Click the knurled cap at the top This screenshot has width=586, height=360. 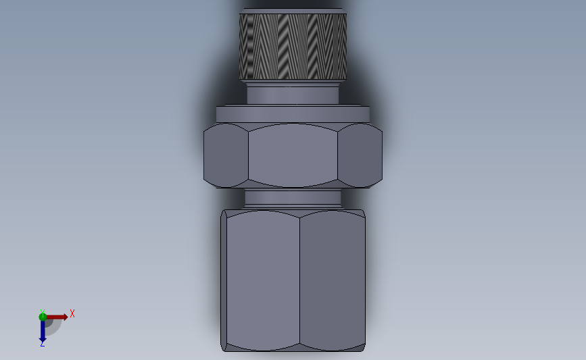[x=293, y=46]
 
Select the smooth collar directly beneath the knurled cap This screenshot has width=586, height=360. [x=293, y=94]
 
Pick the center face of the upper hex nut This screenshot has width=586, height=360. [x=293, y=155]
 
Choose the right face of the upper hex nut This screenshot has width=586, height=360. [x=360, y=155]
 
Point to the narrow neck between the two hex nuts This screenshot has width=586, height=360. [x=293, y=197]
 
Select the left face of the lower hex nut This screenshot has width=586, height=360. [x=263, y=280]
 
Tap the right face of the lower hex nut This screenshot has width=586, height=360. [x=332, y=280]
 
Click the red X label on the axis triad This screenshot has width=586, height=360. [x=72, y=313]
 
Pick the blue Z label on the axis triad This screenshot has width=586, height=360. [x=42, y=344]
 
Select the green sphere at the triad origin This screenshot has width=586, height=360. [x=43, y=317]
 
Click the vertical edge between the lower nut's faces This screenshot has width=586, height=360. [x=299, y=280]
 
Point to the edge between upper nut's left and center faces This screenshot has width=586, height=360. [x=248, y=155]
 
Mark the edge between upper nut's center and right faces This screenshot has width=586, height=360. [x=338, y=155]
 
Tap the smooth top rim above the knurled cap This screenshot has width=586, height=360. [x=293, y=11]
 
